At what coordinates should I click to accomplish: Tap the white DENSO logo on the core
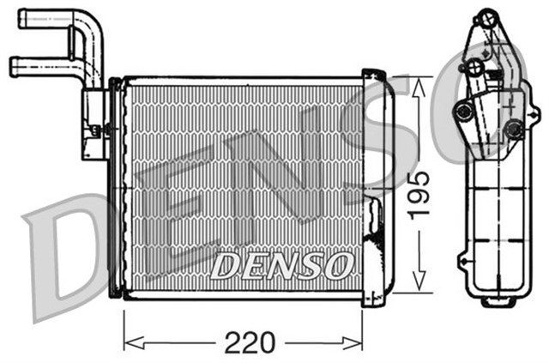(281, 265)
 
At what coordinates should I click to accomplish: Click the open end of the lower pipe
(13, 65)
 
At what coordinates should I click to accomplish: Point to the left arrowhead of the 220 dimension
(129, 343)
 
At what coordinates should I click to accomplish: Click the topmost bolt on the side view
(486, 16)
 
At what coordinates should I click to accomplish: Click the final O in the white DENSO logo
(336, 265)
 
